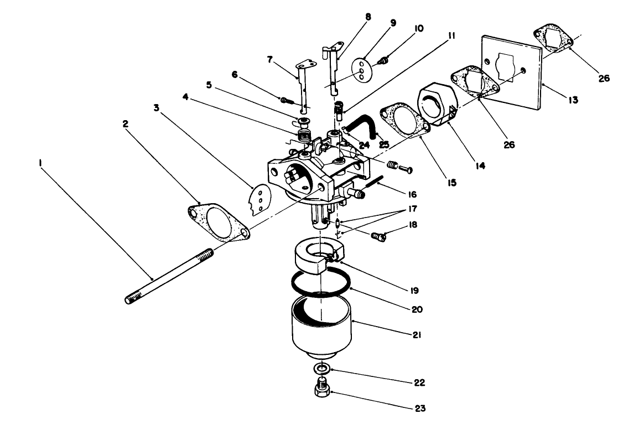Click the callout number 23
click(420, 409)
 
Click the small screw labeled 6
click(285, 100)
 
